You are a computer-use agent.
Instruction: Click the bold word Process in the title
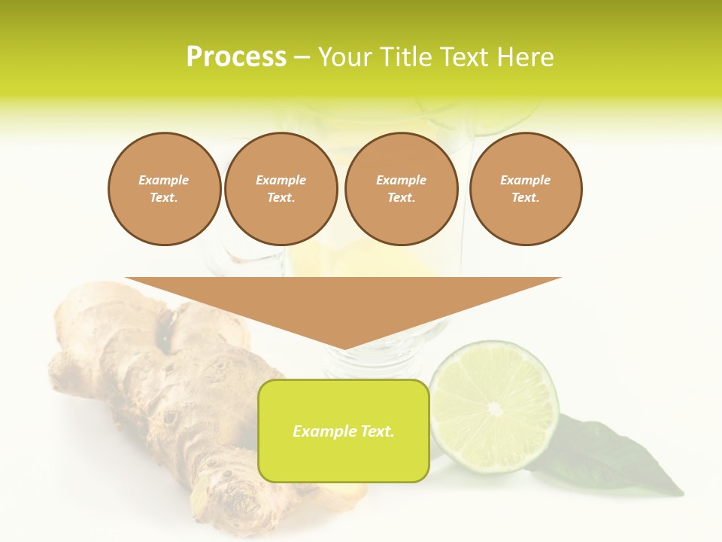coord(236,57)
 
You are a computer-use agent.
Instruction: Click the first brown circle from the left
coord(165,189)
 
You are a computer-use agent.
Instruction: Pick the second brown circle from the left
coord(281,189)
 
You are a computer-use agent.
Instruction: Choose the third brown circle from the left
coord(402,189)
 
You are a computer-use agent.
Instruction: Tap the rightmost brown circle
coord(526,189)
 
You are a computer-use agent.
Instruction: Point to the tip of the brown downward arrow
coord(344,348)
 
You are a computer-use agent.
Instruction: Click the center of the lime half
coord(494,408)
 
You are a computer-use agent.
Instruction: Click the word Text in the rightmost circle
coord(526,198)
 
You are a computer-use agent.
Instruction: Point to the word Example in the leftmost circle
coord(164,180)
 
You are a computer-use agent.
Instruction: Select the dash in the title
coord(302,58)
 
